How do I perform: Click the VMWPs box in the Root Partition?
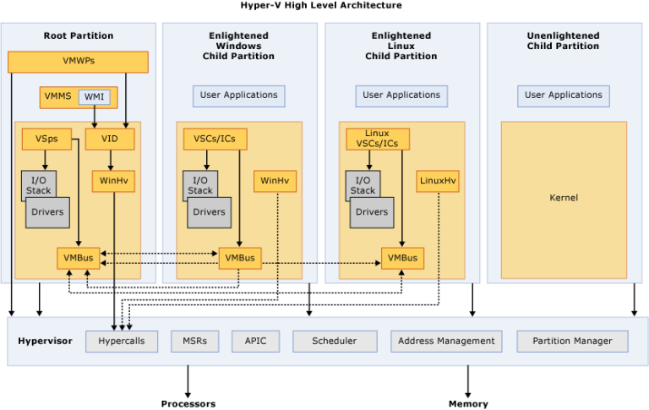[78, 62]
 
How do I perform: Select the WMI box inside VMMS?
[94, 97]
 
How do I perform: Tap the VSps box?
[46, 139]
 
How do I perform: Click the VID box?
[110, 139]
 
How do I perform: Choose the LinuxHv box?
[438, 181]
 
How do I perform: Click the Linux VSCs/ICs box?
[377, 139]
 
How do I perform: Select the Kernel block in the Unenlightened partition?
[564, 197]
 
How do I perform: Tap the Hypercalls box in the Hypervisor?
[122, 341]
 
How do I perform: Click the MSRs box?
[194, 341]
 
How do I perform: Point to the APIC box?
[255, 341]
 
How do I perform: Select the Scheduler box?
[334, 341]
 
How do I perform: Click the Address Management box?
[446, 341]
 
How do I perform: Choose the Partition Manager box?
[573, 341]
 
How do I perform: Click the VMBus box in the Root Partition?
[79, 258]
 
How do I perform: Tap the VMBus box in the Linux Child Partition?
[402, 258]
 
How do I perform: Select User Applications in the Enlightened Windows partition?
[238, 96]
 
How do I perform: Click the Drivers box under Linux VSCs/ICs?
[371, 212]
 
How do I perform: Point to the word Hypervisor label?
[45, 341]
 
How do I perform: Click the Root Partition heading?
[79, 36]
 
